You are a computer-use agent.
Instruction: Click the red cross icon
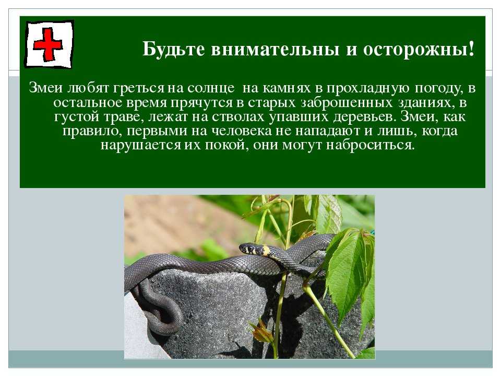(48, 44)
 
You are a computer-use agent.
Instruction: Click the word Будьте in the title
(173, 50)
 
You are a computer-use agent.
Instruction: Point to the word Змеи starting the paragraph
(46, 88)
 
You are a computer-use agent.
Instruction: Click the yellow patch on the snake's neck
(267, 251)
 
